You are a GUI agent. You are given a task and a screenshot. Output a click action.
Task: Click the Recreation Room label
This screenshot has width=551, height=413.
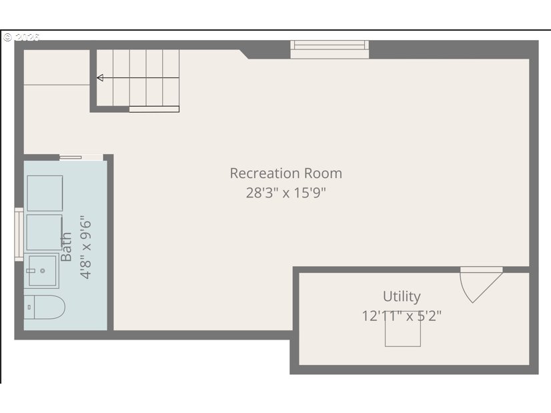click(286, 173)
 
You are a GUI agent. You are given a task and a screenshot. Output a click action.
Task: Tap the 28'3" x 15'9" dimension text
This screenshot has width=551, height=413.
click(286, 193)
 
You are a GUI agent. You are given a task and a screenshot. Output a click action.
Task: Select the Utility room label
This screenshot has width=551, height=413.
click(402, 297)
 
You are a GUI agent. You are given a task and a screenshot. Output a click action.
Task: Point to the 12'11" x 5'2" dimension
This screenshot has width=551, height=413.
click(402, 316)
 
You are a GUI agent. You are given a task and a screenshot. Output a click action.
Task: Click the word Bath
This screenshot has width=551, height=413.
click(66, 247)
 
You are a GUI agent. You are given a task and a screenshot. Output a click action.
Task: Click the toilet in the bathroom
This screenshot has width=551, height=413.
click(44, 307)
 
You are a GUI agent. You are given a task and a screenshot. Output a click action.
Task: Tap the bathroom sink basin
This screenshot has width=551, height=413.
click(42, 271)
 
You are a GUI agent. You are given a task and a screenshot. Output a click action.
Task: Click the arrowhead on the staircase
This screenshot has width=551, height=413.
click(100, 77)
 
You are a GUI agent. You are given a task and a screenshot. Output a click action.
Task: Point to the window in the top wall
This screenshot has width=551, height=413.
click(330, 49)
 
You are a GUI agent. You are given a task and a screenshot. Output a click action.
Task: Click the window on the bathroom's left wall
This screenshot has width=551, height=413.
click(19, 234)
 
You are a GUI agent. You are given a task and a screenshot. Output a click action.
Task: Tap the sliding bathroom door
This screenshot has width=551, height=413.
click(81, 157)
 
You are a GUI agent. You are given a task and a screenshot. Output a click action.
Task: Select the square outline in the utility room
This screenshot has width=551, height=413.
click(403, 329)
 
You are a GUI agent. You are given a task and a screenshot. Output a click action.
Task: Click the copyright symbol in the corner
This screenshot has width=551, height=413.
click(8, 37)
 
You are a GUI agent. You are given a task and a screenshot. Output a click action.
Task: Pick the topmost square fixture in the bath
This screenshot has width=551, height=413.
click(45, 193)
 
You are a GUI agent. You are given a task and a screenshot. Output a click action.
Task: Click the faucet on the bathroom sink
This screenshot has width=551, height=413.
click(31, 271)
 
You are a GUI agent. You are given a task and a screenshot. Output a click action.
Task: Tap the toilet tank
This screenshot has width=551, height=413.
click(29, 307)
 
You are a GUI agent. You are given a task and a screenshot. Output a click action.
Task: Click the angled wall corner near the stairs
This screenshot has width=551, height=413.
click(244, 54)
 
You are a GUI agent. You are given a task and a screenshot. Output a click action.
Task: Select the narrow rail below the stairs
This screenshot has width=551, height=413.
click(154, 109)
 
